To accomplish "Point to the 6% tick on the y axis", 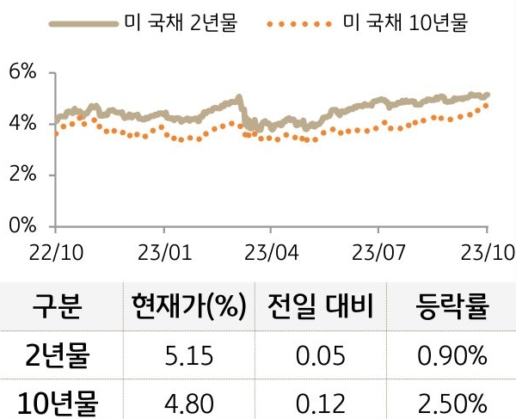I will click(23, 73).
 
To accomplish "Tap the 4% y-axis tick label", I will click(23, 124).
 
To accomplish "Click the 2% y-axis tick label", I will click(23, 176).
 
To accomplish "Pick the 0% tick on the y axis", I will click(23, 226).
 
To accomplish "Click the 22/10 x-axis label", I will click(55, 255).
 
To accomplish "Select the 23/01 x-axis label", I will click(163, 255).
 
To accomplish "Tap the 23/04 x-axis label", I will click(271, 255).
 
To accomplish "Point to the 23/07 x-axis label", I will click(379, 255).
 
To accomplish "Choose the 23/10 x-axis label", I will click(486, 255).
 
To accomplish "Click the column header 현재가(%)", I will click(189, 305).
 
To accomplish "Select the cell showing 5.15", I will click(189, 354).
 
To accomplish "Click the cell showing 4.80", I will click(189, 402).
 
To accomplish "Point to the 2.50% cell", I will click(453, 402).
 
